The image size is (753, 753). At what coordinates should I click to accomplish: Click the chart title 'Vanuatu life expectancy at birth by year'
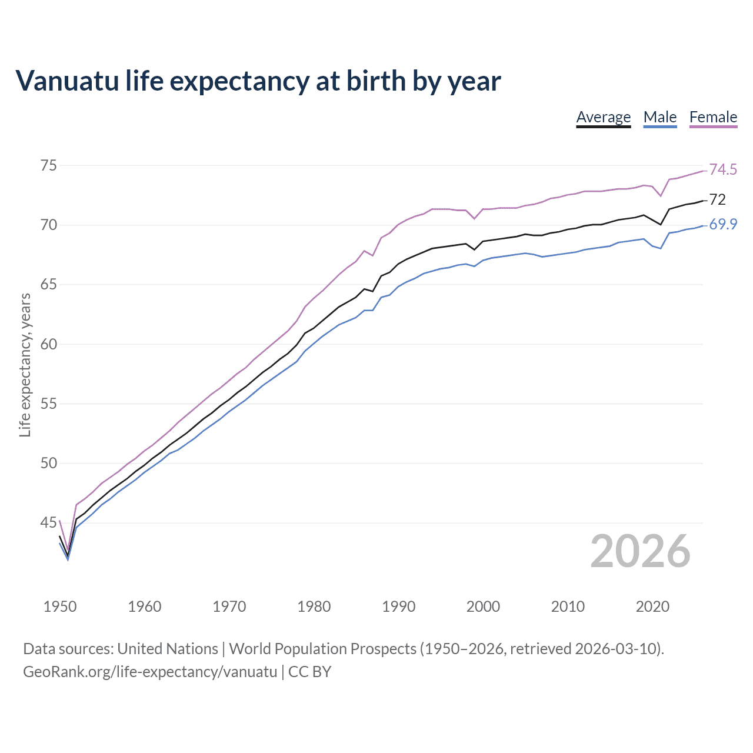click(x=258, y=81)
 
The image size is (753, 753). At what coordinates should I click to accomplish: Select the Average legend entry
click(x=603, y=117)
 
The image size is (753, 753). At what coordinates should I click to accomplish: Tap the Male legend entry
click(x=660, y=117)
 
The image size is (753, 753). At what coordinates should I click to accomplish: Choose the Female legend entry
click(x=713, y=117)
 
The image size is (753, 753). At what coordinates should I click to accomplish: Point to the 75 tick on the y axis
click(x=49, y=165)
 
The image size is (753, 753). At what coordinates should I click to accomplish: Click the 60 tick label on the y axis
click(x=49, y=344)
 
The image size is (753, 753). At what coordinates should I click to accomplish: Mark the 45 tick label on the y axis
click(x=49, y=522)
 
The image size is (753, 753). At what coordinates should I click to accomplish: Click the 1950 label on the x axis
click(x=60, y=607)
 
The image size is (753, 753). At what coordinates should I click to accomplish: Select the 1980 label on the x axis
click(x=314, y=607)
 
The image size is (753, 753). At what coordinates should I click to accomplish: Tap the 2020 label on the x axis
click(x=652, y=607)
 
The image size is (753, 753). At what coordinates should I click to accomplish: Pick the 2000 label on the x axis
click(x=483, y=607)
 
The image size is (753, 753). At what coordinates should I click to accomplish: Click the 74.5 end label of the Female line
click(x=723, y=170)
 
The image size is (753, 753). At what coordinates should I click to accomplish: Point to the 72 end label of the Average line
click(x=717, y=200)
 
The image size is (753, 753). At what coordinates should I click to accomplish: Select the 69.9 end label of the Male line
click(x=723, y=225)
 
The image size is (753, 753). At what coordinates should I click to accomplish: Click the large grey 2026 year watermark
click(x=640, y=551)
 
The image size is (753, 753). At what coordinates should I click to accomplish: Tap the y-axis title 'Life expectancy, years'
click(x=25, y=365)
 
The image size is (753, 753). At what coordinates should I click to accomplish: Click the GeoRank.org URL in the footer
click(x=150, y=672)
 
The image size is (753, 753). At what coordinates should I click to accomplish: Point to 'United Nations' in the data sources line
click(x=168, y=649)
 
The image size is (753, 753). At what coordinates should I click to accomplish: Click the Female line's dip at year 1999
click(x=474, y=218)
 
